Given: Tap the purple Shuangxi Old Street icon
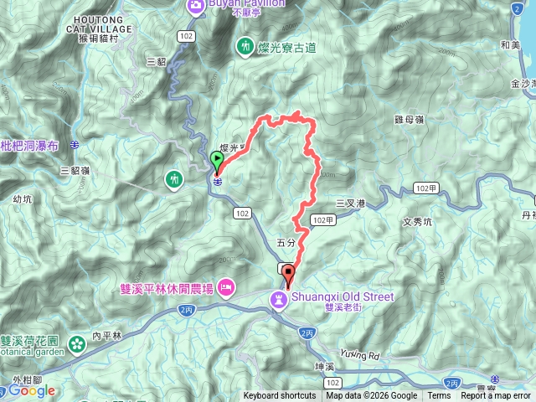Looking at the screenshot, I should click(277, 297).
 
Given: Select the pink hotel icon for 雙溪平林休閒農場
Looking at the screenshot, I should click(226, 289).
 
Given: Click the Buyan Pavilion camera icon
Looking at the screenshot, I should click(196, 7).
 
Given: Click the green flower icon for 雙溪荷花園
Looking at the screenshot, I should click(77, 344).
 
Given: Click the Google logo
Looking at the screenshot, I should click(32, 390).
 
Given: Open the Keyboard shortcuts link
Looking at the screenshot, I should click(280, 396).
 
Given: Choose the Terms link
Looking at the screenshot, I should click(439, 396).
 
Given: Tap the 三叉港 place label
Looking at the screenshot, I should click(351, 203).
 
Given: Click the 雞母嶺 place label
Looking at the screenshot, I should click(408, 121).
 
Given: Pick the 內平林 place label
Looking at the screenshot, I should click(106, 336).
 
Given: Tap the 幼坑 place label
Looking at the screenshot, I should click(23, 199).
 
